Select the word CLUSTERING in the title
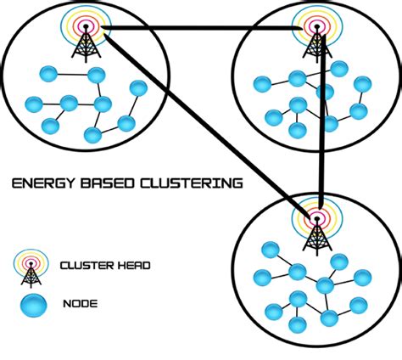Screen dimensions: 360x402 pos(193,183)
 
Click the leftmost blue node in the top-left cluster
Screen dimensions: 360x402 pos(34,104)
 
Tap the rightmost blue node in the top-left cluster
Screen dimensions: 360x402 pos(137,88)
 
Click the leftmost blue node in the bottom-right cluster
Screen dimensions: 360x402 pos(263,277)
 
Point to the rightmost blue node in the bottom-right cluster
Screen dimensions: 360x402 pos(362,277)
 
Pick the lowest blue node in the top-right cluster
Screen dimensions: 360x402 pos(297,131)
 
